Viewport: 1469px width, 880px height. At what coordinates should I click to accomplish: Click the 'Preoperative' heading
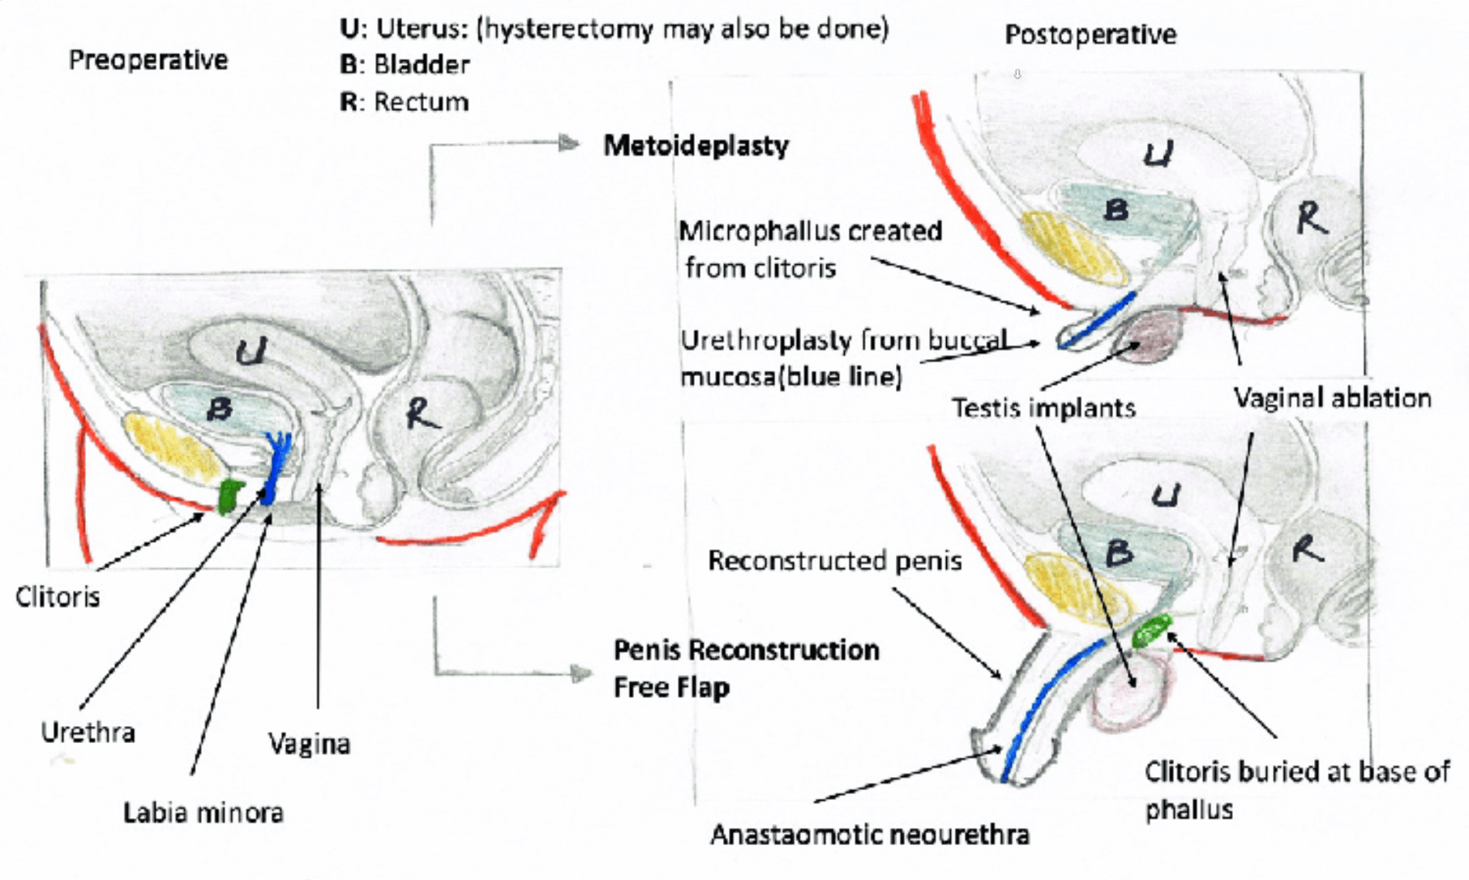click(x=148, y=60)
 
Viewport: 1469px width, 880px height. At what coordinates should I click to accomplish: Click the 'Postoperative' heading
click(x=1090, y=35)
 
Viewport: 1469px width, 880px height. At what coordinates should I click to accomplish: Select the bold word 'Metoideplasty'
click(x=696, y=146)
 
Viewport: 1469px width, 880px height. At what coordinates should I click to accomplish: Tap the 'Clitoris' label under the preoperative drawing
click(x=58, y=597)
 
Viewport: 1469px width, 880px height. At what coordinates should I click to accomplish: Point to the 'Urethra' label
click(x=88, y=733)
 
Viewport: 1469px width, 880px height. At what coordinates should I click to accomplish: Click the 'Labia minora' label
click(x=203, y=813)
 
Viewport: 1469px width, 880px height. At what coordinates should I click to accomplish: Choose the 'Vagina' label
click(x=309, y=744)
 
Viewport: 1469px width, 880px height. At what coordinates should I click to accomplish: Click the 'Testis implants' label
click(x=1043, y=408)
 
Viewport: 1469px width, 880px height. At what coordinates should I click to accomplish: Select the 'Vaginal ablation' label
click(x=1332, y=398)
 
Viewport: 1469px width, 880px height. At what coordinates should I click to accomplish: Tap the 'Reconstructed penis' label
click(x=834, y=561)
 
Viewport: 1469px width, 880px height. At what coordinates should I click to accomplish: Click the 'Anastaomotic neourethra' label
click(x=869, y=835)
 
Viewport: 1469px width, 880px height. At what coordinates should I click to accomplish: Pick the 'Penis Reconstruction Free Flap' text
click(x=746, y=669)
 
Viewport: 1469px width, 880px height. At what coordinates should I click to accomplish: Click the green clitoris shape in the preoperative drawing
click(x=231, y=496)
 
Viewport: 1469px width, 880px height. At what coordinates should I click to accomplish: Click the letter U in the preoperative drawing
click(x=251, y=352)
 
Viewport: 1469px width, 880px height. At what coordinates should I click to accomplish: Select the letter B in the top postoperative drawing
click(x=1116, y=211)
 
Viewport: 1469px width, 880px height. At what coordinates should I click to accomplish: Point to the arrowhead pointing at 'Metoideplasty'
click(x=571, y=144)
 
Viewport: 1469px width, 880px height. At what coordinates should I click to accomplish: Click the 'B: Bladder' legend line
click(x=405, y=65)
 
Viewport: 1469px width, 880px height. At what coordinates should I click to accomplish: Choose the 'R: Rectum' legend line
click(x=404, y=102)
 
